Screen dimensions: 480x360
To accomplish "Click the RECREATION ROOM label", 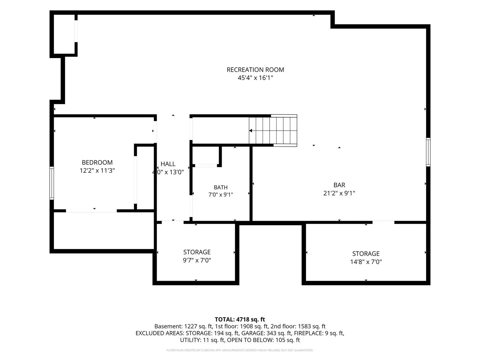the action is (x=255, y=70).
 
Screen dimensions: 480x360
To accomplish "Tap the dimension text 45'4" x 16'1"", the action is (x=255, y=78).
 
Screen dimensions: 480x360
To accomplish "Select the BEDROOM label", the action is (x=97, y=162).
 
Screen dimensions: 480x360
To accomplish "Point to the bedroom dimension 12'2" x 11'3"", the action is (x=97, y=170).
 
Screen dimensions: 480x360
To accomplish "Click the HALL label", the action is (x=168, y=164).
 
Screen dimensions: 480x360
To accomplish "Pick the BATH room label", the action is (x=221, y=187).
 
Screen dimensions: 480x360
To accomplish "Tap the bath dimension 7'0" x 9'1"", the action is (x=221, y=195).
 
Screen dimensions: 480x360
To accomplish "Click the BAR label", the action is (x=339, y=185).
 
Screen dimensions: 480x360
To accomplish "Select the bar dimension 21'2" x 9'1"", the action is (x=339, y=193).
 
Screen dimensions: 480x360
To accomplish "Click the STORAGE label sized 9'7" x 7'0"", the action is (x=197, y=252).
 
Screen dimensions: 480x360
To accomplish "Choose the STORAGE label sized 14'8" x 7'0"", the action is (x=366, y=254).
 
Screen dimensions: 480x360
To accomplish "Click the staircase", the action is (x=273, y=130).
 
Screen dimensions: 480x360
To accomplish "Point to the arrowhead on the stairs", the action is (x=251, y=131).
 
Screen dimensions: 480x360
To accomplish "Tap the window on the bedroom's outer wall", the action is (x=52, y=183).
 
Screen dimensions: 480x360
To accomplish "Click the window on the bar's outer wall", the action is (x=428, y=152).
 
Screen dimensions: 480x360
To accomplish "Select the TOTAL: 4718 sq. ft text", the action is (x=240, y=320).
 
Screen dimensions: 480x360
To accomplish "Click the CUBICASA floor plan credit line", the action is (x=240, y=350).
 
